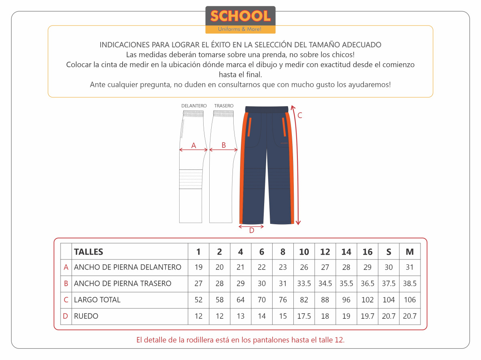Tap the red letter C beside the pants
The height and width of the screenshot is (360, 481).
click(299, 116)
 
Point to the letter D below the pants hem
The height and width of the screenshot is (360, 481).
click(251, 231)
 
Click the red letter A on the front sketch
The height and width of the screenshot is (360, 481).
click(194, 146)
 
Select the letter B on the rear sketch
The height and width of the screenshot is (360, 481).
click(224, 145)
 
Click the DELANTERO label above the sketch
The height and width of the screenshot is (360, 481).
click(194, 106)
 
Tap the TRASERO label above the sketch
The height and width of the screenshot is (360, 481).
click(224, 106)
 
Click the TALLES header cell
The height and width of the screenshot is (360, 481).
click(89, 252)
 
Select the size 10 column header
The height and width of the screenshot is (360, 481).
click(304, 252)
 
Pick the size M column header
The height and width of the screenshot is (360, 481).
click(410, 252)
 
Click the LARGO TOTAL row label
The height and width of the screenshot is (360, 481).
click(97, 300)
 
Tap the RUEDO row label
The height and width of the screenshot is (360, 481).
click(86, 316)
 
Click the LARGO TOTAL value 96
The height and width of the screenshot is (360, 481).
click(346, 300)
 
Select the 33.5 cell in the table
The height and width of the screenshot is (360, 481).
click(304, 284)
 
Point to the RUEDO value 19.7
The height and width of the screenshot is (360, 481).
click(368, 316)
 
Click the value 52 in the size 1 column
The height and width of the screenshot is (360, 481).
click(198, 300)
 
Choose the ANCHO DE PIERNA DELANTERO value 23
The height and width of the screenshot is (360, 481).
click(283, 267)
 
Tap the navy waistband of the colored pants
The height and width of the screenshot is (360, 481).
click(267, 109)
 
